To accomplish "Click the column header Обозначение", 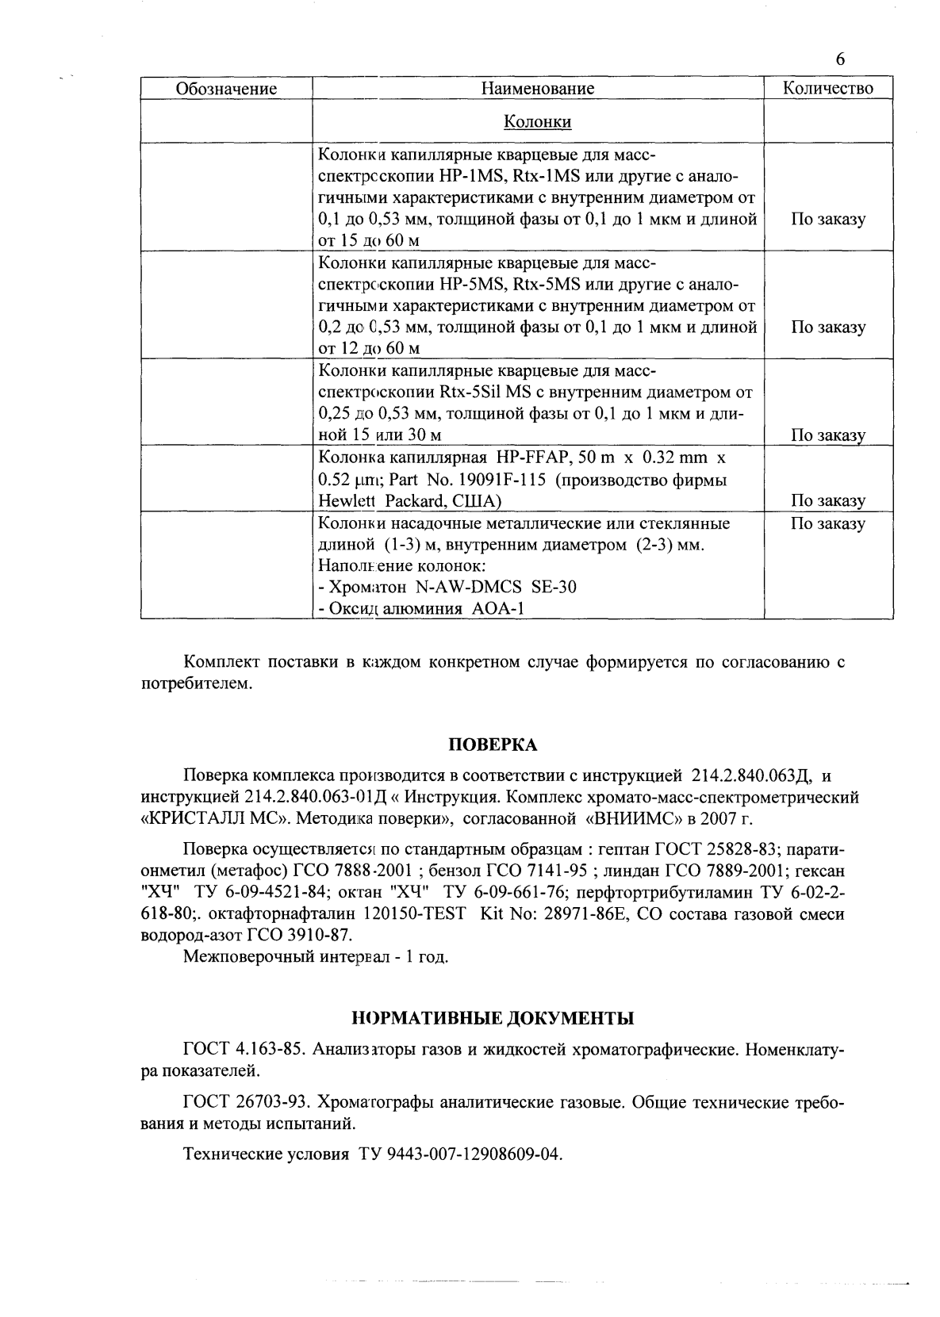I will pos(226,89).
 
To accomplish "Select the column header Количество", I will pos(827,88).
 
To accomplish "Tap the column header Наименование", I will pos(538,89).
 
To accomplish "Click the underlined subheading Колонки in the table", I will pos(538,121).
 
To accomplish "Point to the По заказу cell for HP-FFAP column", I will pos(827,500).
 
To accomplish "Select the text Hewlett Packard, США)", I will pos(409,501).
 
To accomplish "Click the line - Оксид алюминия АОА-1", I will pos(420,608).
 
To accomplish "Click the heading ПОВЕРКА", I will pos(493,745).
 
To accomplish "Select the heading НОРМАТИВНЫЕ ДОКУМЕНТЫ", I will pos(493,1018).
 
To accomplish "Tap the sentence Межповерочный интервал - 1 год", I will pos(316,956).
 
